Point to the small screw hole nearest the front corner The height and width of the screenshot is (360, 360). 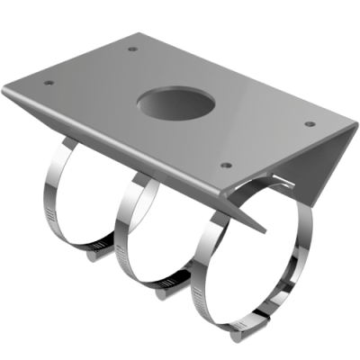pos(226,166)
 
